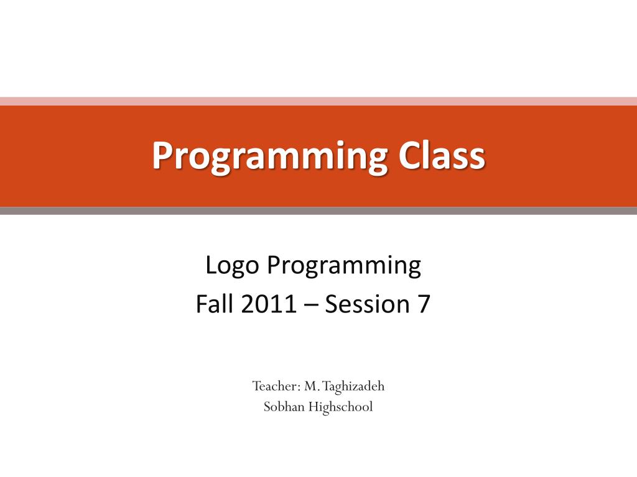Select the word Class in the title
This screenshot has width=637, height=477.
[442, 155]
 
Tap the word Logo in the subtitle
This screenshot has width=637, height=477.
[232, 266]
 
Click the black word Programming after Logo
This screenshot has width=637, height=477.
[343, 266]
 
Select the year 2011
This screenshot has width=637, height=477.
[268, 304]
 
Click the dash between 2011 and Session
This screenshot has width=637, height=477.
[310, 306]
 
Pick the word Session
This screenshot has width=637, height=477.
[367, 304]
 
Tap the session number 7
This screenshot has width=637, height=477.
[423, 304]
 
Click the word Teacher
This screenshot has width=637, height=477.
[276, 386]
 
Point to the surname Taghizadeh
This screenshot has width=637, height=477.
[353, 387]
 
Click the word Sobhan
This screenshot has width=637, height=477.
[284, 406]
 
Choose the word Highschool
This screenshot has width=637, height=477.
[340, 407]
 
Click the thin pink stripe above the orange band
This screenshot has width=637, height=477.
[318, 101]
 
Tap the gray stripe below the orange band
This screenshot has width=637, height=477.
[318, 211]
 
